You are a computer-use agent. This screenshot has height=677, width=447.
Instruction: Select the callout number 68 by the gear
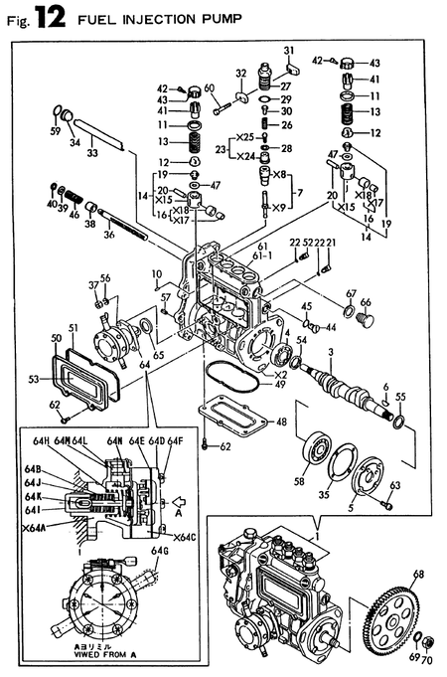click(418, 573)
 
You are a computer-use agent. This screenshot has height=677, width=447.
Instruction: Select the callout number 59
click(55, 130)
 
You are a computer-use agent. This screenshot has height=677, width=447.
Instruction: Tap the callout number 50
click(56, 340)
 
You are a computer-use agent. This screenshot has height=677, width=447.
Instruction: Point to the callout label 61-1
click(264, 254)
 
